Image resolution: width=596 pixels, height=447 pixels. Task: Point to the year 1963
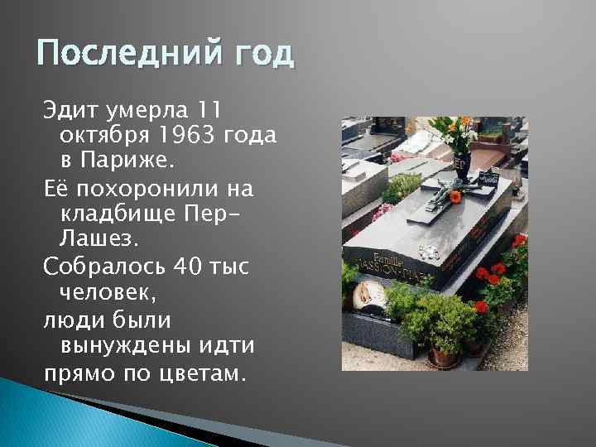click(185, 134)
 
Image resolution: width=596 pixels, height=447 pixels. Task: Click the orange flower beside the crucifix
click(454, 197)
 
